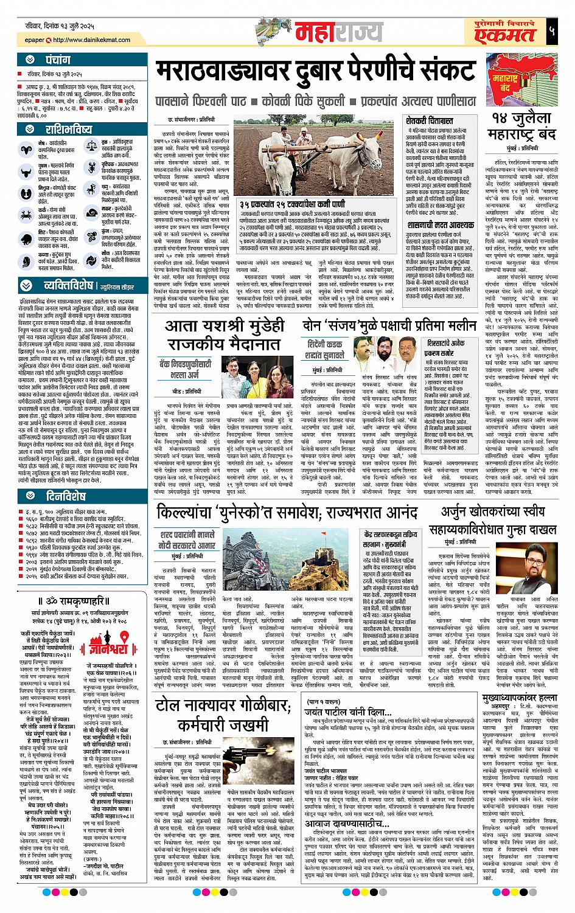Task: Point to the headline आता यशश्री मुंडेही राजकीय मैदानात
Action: click(x=228, y=337)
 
